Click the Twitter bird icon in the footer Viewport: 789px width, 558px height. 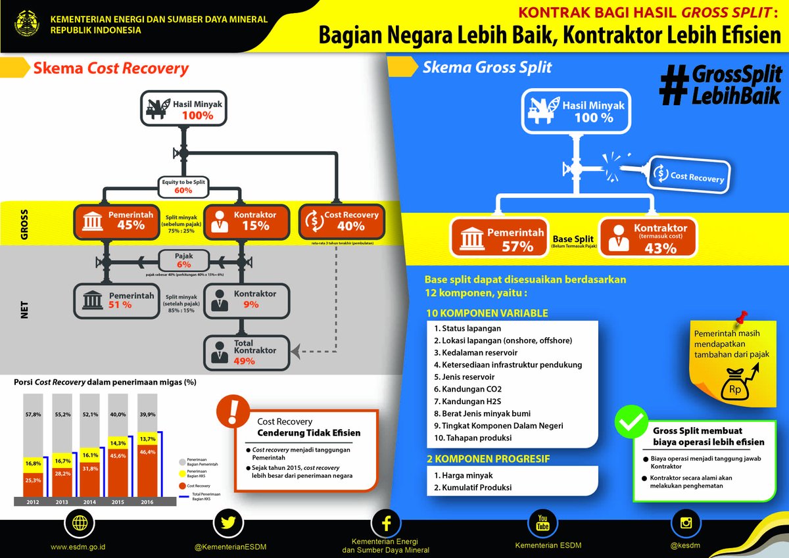[229, 523]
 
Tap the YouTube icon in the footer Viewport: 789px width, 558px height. [542, 523]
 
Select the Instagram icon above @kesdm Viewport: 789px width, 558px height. [686, 523]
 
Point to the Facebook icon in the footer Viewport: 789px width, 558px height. [386, 523]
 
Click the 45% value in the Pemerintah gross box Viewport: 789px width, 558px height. [131, 225]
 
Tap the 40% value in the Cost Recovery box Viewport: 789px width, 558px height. [350, 225]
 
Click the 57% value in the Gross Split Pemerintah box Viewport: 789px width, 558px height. [517, 246]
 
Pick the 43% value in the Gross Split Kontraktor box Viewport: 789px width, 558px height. [660, 248]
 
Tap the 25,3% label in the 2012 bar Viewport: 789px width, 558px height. [33, 480]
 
